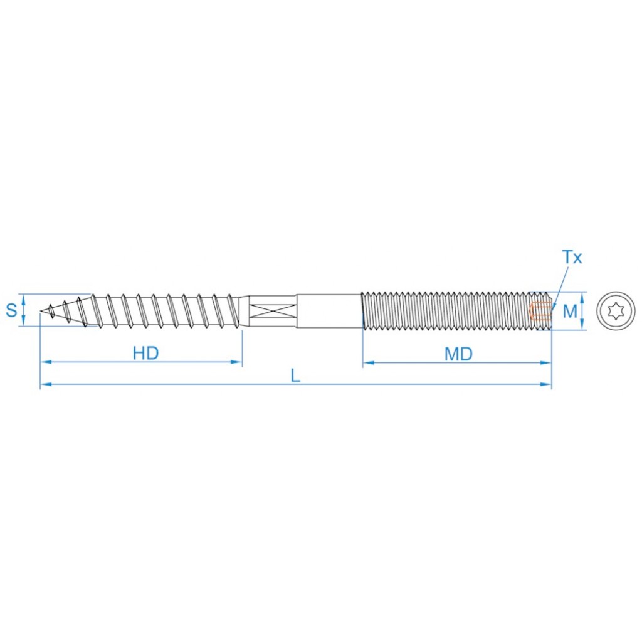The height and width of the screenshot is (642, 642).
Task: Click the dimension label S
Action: tap(11, 310)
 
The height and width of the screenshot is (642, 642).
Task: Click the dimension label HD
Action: tap(145, 353)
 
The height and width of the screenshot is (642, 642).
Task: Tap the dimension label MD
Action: tap(458, 354)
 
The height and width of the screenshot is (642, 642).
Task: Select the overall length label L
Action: tap(295, 376)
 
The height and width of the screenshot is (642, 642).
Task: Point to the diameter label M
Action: tap(570, 311)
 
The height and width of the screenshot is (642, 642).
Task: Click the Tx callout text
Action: tap(572, 257)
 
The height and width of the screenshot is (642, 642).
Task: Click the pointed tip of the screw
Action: tap(41, 312)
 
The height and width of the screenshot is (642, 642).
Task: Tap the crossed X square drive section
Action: tap(272, 311)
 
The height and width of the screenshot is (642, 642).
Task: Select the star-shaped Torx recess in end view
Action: tap(616, 311)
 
